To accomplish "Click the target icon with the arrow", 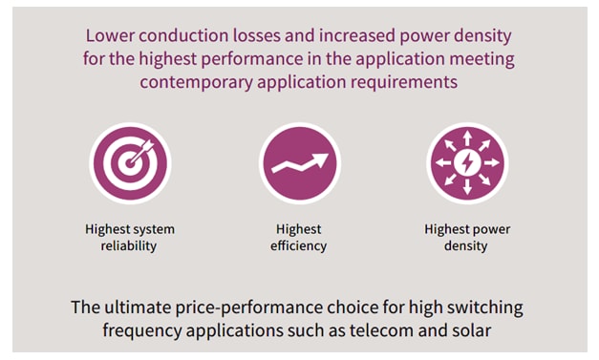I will [x=130, y=163].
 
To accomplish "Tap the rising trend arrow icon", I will [x=300, y=163].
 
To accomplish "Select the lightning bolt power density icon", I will [x=466, y=163].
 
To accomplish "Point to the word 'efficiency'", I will [x=300, y=246].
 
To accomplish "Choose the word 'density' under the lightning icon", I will [x=466, y=246].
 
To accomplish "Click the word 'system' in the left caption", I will [x=154, y=230].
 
